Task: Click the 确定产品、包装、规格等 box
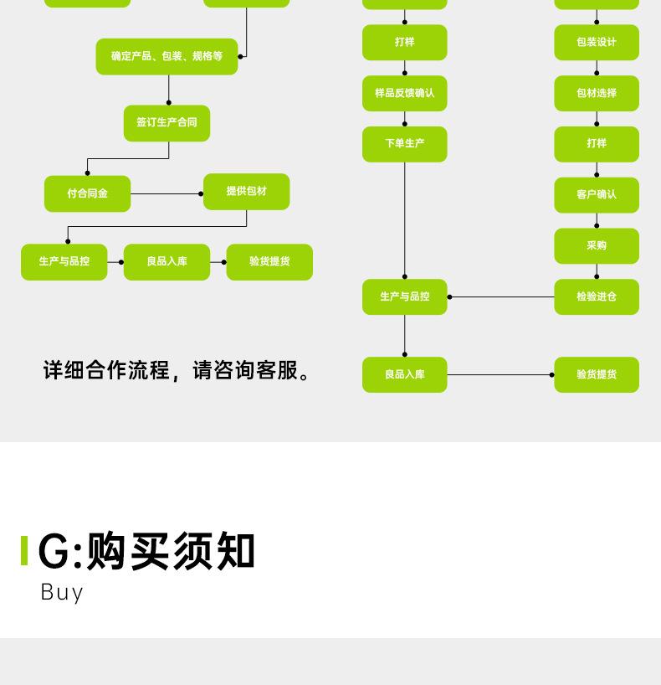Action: click(x=167, y=56)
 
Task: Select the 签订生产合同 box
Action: click(x=167, y=122)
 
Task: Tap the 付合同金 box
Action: click(x=87, y=193)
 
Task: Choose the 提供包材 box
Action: click(x=246, y=192)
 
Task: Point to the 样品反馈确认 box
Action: click(x=404, y=93)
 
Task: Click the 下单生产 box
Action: click(x=404, y=144)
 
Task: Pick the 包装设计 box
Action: click(x=596, y=43)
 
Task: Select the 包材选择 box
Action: click(x=596, y=93)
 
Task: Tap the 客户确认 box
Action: click(x=596, y=194)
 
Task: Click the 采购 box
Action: click(x=596, y=245)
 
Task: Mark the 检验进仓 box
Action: click(x=596, y=296)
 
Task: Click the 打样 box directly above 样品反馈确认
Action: click(x=404, y=43)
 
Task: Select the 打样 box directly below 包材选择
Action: click(x=596, y=144)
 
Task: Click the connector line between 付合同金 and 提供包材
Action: click(x=166, y=193)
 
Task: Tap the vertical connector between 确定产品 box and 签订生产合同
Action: click(x=168, y=90)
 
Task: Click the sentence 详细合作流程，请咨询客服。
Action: click(x=177, y=370)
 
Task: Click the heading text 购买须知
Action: click(x=171, y=551)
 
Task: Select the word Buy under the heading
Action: click(x=62, y=592)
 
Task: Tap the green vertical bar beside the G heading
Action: click(x=24, y=551)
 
